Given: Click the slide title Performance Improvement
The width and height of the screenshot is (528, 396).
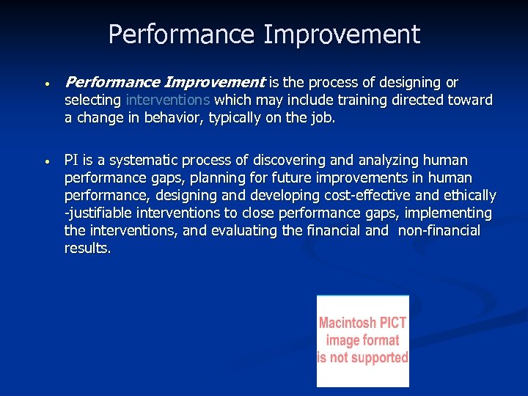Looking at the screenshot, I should (x=264, y=34).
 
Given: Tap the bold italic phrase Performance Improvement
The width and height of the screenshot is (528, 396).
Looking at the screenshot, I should (x=164, y=83).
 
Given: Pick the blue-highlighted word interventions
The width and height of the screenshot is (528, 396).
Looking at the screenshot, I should (x=168, y=100).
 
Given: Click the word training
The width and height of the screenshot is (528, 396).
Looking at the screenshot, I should (x=351, y=100).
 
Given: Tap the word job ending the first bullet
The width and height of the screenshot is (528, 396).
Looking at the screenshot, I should (x=322, y=118).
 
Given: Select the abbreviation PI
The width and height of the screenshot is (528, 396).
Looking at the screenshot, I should (x=72, y=161).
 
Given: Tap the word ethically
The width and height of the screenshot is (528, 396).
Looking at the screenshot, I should (x=467, y=196).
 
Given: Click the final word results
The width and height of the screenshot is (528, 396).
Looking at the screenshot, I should (x=87, y=249).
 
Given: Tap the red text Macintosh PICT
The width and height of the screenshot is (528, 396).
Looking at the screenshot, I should (x=362, y=323).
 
